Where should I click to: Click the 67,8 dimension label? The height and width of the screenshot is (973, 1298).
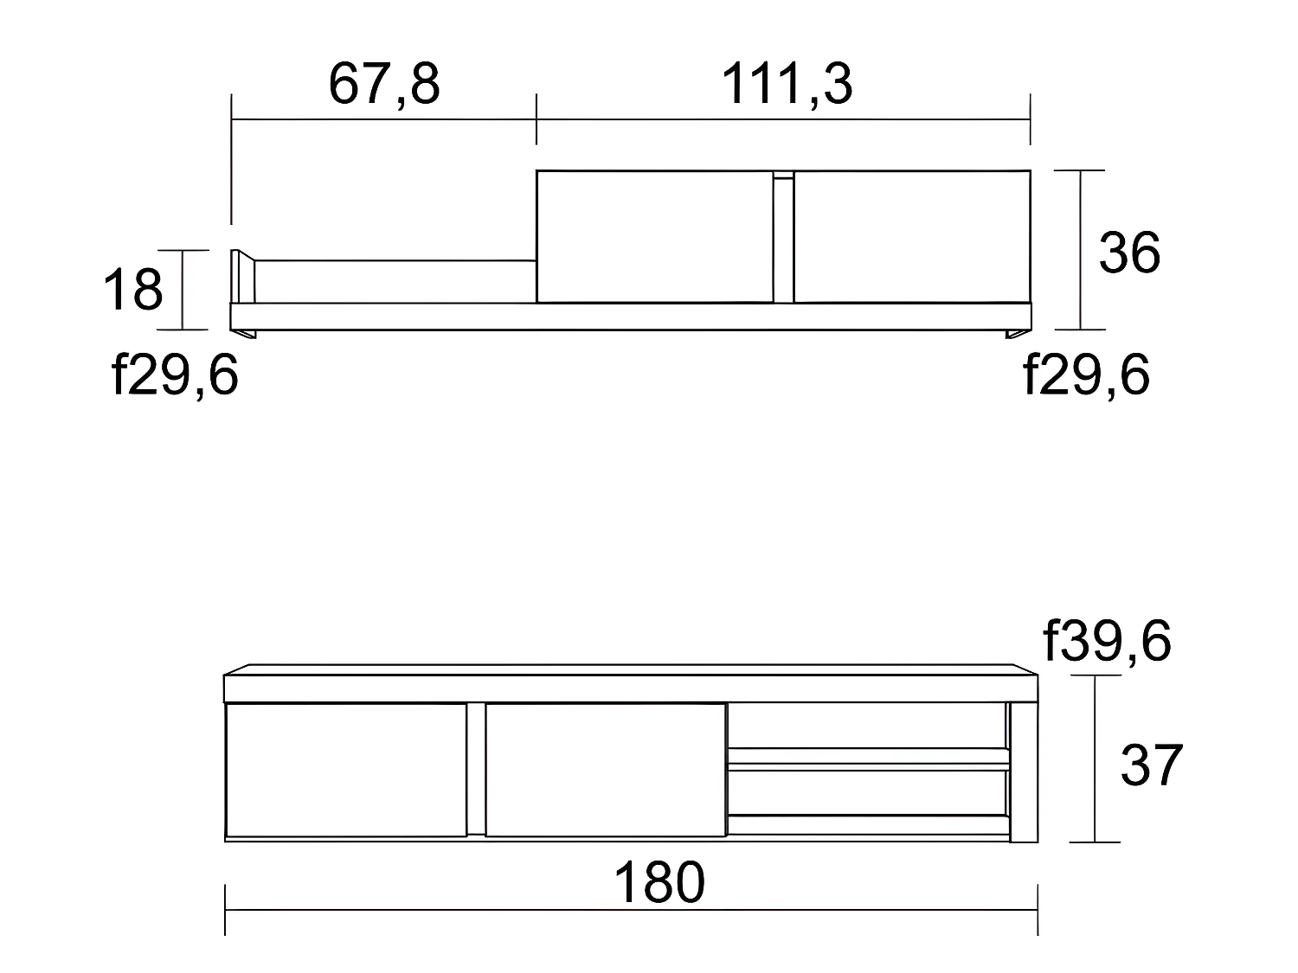[x=384, y=85]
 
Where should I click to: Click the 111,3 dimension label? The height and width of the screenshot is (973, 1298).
[x=786, y=85]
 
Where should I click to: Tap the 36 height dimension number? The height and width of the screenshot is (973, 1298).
[x=1129, y=253]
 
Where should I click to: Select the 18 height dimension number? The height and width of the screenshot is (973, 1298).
[x=132, y=290]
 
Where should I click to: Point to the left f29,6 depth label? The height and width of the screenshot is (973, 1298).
[x=175, y=376]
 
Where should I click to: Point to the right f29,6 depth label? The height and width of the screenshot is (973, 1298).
[x=1086, y=376]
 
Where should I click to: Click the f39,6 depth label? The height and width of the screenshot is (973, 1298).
[x=1108, y=642]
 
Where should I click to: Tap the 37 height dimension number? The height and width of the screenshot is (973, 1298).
[x=1151, y=765]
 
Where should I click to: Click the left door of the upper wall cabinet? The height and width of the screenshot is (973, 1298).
[x=653, y=236]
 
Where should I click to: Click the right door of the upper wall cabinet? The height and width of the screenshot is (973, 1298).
[x=912, y=236]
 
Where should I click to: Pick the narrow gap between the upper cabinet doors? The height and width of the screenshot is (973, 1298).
[x=782, y=242]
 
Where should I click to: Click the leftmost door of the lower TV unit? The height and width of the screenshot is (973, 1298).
[x=345, y=770]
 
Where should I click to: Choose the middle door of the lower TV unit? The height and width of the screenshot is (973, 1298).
[x=605, y=770]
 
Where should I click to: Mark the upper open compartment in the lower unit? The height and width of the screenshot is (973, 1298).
[x=868, y=726]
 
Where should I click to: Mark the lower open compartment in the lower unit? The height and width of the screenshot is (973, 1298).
[x=868, y=791]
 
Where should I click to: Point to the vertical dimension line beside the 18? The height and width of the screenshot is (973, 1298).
[x=183, y=290]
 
